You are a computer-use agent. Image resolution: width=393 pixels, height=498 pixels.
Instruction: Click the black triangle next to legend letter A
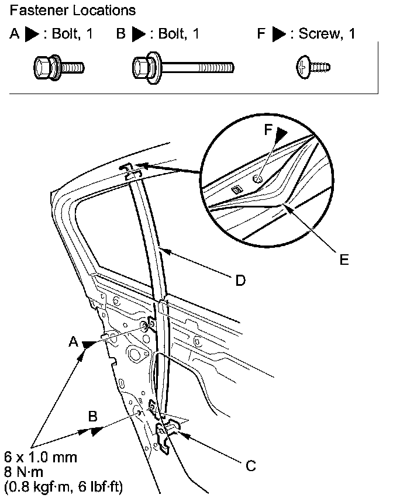(x=33, y=34)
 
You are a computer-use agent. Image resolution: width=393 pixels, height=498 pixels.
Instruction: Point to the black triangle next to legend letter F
(x=280, y=34)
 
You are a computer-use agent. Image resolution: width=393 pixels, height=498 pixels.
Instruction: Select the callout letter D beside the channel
(x=240, y=281)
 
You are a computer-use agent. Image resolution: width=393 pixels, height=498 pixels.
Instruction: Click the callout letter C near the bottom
(x=250, y=465)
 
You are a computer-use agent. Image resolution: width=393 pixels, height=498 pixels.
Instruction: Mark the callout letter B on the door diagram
(x=92, y=416)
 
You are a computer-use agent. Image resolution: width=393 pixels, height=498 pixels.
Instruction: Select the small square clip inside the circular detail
(x=236, y=189)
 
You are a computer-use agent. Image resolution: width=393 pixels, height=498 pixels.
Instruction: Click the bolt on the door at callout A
(x=144, y=326)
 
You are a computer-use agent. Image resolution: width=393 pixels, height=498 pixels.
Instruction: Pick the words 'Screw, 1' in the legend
(x=327, y=34)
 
